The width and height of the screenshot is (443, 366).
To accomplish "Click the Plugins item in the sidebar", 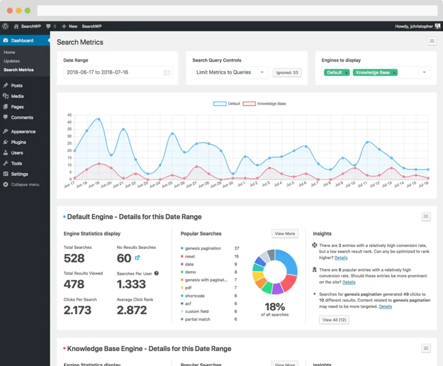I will tap(18, 142).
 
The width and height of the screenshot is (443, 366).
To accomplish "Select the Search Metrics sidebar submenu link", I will tap(19, 70).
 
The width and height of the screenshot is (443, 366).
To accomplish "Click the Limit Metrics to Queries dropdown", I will tap(230, 72).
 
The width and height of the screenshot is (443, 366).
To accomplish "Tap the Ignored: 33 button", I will tap(287, 72).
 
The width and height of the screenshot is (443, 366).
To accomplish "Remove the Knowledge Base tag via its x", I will tap(394, 73).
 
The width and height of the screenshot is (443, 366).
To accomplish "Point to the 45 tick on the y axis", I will tap(70, 115).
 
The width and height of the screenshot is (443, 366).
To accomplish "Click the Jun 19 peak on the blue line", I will tap(99, 119).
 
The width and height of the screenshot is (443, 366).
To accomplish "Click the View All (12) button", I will tap(334, 320).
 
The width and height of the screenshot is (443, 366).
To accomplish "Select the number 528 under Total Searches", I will tap(74, 258).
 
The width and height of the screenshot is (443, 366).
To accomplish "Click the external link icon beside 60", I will tap(137, 258).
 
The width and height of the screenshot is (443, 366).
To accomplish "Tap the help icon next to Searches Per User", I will tap(157, 273).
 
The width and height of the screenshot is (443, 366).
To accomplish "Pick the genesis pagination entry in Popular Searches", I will tap(203, 248).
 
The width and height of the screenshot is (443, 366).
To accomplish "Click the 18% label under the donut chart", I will tap(275, 307).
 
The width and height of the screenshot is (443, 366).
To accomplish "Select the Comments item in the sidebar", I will tap(22, 118).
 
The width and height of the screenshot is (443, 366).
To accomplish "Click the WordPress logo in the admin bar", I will tap(5, 27).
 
